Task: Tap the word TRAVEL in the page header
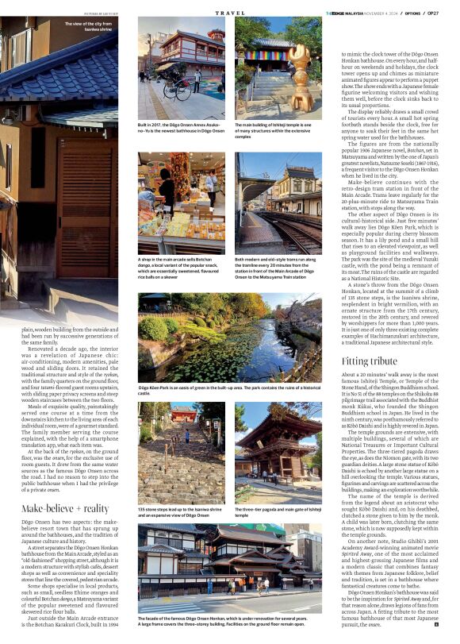[230, 13]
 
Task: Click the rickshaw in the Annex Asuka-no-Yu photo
[174, 85]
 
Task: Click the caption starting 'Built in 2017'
[183, 129]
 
